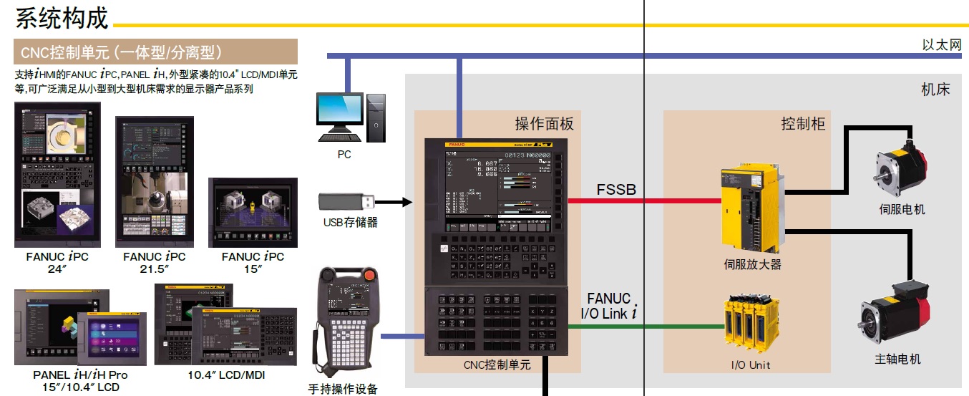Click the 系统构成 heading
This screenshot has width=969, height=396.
(62, 18)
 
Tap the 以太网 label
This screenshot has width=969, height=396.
(941, 45)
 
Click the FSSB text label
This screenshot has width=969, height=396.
(616, 189)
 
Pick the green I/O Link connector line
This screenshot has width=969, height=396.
(644, 327)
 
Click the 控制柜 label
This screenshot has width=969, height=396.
(803, 124)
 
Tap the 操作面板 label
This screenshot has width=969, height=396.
(544, 124)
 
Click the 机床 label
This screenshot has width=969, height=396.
(935, 90)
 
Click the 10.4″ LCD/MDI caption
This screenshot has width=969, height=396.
(225, 375)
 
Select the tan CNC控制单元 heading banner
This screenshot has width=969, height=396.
(155, 52)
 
